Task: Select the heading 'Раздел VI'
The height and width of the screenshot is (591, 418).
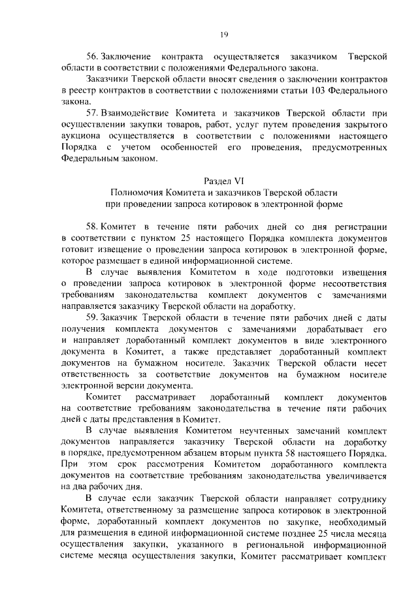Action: (224, 180)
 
